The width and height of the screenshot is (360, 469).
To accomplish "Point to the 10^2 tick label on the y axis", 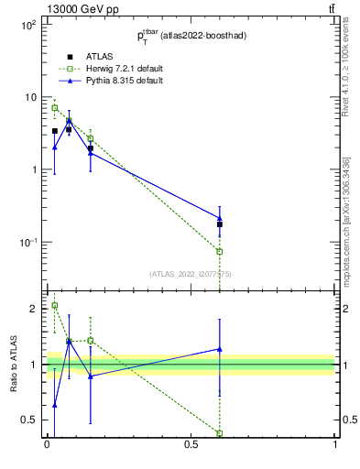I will pos(27,26).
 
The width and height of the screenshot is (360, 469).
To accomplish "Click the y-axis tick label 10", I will pos(29,98).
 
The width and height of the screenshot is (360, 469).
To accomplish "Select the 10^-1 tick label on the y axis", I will pos(27,242).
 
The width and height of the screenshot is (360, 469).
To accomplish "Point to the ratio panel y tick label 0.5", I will pos(29,420).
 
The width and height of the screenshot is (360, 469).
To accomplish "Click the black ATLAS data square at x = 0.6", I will pos(220,224).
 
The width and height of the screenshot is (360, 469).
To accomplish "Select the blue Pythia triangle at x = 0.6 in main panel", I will pos(220,218).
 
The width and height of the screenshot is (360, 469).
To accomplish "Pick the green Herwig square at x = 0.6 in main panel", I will pos(220,251).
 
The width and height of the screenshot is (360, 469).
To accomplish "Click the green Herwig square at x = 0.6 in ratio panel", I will pos(220,433).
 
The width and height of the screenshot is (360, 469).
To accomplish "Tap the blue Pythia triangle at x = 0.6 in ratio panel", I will pos(220,348).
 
